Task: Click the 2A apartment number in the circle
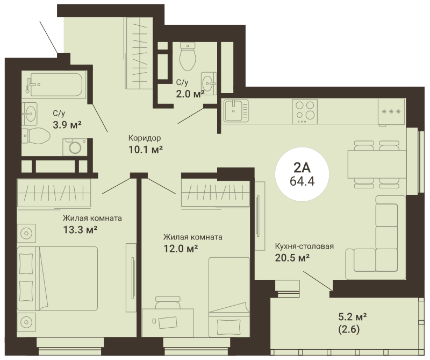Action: (x=302, y=167)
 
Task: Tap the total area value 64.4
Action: (x=302, y=181)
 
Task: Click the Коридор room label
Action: (x=145, y=138)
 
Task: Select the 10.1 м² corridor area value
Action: (x=146, y=150)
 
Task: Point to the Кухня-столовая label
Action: (x=304, y=246)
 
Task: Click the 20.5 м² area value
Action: (x=292, y=258)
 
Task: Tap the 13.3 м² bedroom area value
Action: (x=80, y=229)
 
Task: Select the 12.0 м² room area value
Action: (x=181, y=249)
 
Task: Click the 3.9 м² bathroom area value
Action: (x=67, y=125)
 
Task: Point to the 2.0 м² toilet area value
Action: (x=190, y=94)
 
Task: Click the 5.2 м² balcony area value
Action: (x=353, y=317)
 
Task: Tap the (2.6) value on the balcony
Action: (x=349, y=329)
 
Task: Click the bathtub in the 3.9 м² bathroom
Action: (x=56, y=84)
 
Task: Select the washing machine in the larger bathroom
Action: (x=75, y=147)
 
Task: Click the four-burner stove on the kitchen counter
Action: (x=305, y=111)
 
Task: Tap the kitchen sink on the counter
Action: (x=236, y=111)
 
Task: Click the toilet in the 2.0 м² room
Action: (x=188, y=56)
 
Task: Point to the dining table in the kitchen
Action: (x=377, y=165)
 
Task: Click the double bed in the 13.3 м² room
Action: (x=58, y=278)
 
